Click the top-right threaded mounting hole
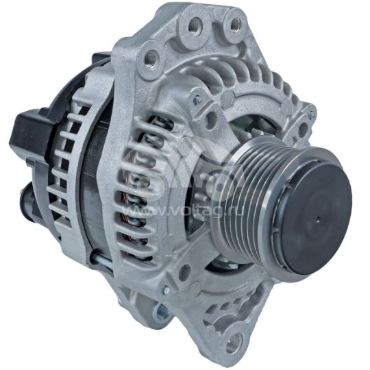click(x=235, y=25)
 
